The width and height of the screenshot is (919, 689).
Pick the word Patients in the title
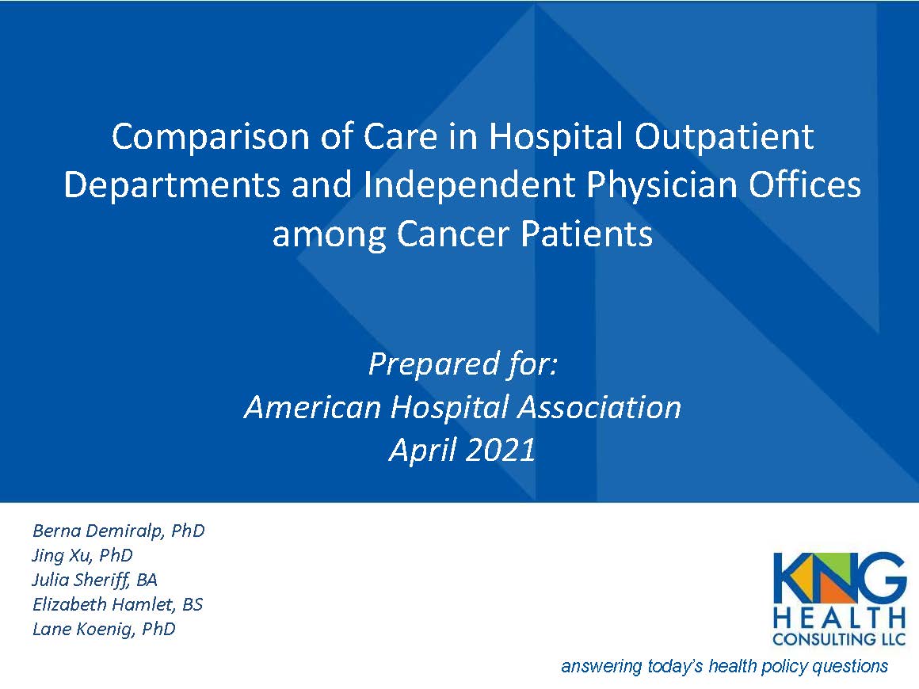[x=587, y=234]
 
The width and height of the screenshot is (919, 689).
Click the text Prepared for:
[x=463, y=364]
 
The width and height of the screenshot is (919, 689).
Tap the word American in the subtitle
[x=312, y=407]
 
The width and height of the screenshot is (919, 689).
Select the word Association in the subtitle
[x=600, y=407]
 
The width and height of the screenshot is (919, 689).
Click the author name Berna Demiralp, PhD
[x=118, y=531]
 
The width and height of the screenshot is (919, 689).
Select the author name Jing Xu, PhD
[x=82, y=555]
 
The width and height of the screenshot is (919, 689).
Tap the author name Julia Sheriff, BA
[x=94, y=580]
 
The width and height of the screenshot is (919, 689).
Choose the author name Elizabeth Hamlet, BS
[x=118, y=604]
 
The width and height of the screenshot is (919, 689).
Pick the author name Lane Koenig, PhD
[x=104, y=630]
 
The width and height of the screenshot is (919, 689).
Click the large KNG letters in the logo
[x=839, y=577]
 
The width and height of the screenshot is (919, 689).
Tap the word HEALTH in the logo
[x=839, y=618]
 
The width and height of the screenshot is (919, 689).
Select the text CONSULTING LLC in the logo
[x=839, y=639]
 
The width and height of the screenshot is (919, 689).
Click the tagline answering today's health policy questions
[x=724, y=667]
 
